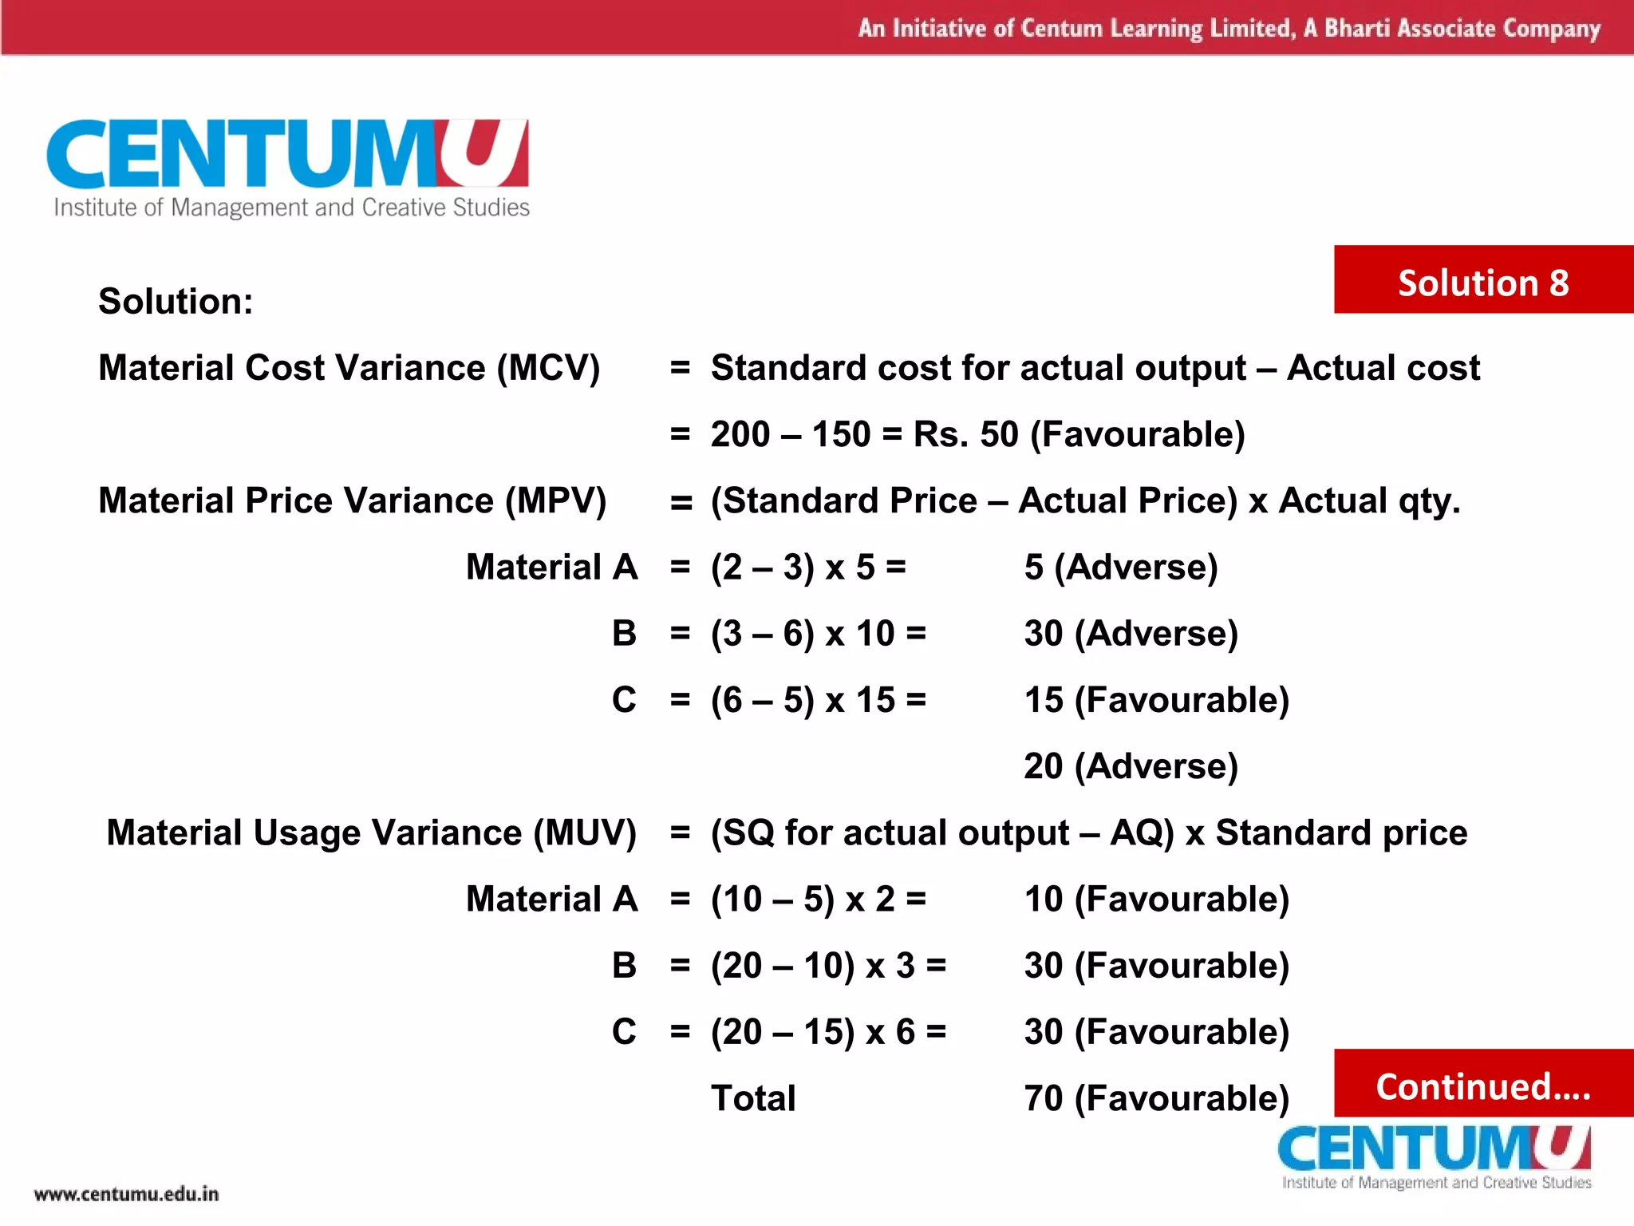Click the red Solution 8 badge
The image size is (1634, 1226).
coord(1483,281)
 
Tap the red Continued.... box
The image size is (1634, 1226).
coord(1483,1086)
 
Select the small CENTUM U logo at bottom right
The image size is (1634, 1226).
coord(1435,1155)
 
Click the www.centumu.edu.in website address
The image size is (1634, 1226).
coord(126,1194)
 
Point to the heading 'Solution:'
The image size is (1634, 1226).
coord(176,302)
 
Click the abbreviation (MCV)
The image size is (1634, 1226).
coord(548,368)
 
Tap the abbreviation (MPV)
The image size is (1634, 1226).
coord(555,501)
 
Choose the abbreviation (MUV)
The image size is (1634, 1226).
coord(585,833)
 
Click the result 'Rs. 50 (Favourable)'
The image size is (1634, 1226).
coord(1079,435)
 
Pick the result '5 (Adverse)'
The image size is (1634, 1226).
coord(1121,568)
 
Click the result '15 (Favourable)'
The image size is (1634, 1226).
coord(1157,700)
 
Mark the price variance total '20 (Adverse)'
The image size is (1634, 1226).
coord(1131,766)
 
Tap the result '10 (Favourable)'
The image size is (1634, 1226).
coord(1157,900)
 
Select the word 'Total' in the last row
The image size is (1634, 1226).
coord(753,1098)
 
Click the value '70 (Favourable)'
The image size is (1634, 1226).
coord(1157,1098)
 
